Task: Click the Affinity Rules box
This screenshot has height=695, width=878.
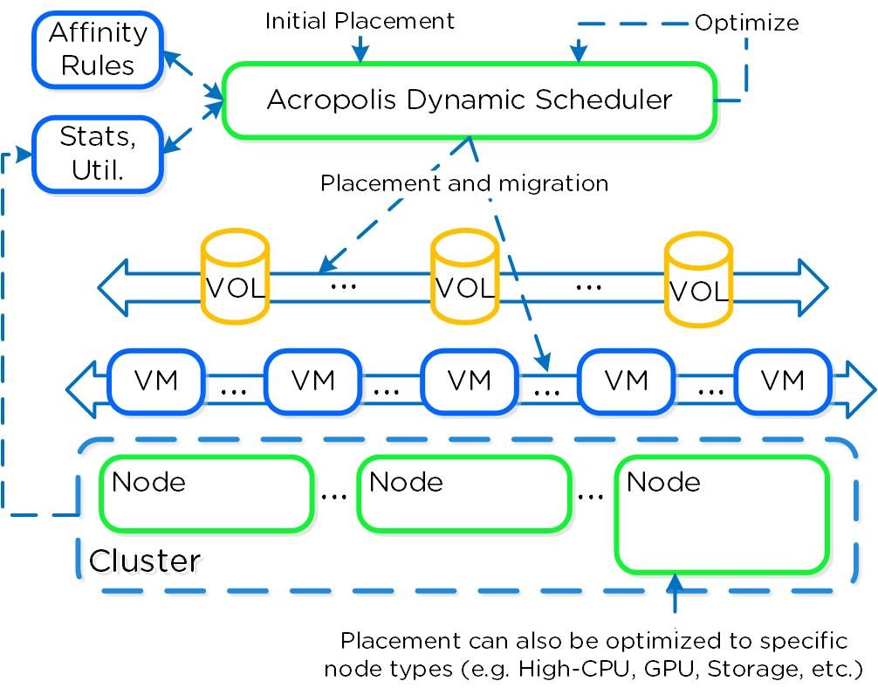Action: pyautogui.click(x=98, y=50)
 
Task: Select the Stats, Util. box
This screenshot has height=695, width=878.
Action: pyautogui.click(x=98, y=154)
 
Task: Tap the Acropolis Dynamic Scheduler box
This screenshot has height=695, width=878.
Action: pyautogui.click(x=470, y=100)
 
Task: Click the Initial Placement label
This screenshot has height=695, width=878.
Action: pyautogui.click(x=360, y=21)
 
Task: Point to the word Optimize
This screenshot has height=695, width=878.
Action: pyautogui.click(x=746, y=23)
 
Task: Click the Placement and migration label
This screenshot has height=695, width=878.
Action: pyautogui.click(x=463, y=183)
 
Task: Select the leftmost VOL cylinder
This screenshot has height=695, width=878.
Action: pyautogui.click(x=235, y=278)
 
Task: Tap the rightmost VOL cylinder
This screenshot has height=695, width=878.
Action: pyautogui.click(x=697, y=280)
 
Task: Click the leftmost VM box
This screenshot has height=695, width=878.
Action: pyautogui.click(x=156, y=382)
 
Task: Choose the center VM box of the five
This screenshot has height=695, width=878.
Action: pyautogui.click(x=469, y=382)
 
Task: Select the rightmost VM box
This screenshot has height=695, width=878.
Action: pyautogui.click(x=782, y=382)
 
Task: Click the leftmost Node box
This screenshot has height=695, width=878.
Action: pyautogui.click(x=207, y=493)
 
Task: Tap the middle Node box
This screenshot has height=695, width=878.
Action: pyautogui.click(x=463, y=493)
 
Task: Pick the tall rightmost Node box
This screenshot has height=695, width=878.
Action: pyautogui.click(x=721, y=514)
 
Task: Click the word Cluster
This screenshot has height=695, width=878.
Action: pyautogui.click(x=145, y=560)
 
